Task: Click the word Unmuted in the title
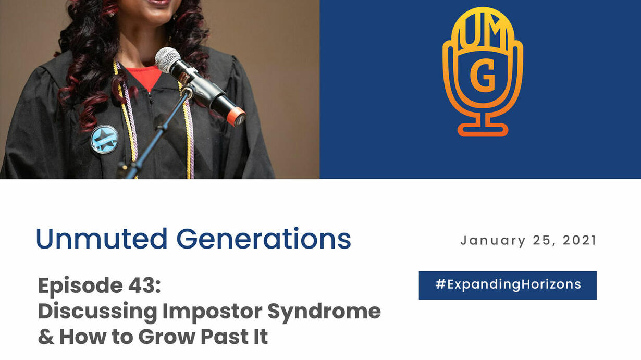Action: (102, 239)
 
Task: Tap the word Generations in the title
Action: (264, 239)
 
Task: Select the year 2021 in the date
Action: (580, 240)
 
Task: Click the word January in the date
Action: (493, 241)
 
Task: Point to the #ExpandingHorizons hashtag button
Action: (508, 285)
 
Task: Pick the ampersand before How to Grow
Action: (46, 337)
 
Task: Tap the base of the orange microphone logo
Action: (483, 130)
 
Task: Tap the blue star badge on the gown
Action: (104, 140)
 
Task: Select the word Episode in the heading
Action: (80, 285)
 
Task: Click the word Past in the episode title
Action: (224, 337)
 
